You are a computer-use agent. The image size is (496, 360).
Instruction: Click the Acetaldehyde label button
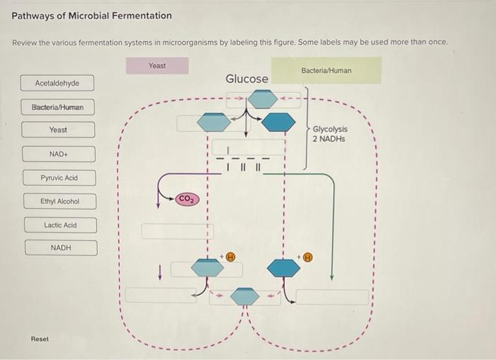(x=57, y=84)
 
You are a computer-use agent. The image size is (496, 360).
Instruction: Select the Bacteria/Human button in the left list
(x=57, y=108)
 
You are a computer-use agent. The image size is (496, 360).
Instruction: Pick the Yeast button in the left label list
(x=58, y=130)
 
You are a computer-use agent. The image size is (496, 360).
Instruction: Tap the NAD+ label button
(x=58, y=154)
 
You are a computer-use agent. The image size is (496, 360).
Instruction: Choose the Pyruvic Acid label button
(x=59, y=178)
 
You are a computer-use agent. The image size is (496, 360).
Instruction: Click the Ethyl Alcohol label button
(x=60, y=202)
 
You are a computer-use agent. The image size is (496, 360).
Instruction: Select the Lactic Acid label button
(x=60, y=225)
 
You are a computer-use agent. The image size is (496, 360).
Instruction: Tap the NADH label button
(x=61, y=248)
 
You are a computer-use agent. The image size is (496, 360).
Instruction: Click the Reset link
(x=40, y=339)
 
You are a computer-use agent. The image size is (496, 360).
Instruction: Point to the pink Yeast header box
(x=157, y=66)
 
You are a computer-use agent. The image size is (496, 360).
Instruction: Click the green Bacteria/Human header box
(x=326, y=71)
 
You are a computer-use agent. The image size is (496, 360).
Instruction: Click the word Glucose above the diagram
(x=247, y=79)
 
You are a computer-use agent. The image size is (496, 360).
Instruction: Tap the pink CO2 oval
(x=186, y=198)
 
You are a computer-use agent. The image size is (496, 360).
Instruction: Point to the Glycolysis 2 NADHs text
(x=329, y=135)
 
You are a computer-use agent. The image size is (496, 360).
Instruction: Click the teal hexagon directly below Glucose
(x=262, y=99)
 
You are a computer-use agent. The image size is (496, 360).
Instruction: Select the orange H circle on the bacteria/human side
(x=308, y=258)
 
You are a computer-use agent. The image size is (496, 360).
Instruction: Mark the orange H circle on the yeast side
(x=230, y=258)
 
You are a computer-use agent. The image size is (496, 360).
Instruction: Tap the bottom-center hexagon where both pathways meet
(x=245, y=296)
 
